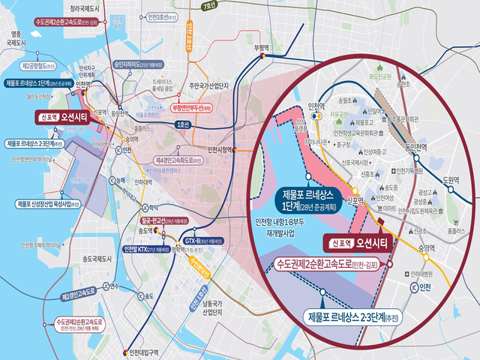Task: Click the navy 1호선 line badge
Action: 182,124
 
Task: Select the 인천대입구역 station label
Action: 145,351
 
